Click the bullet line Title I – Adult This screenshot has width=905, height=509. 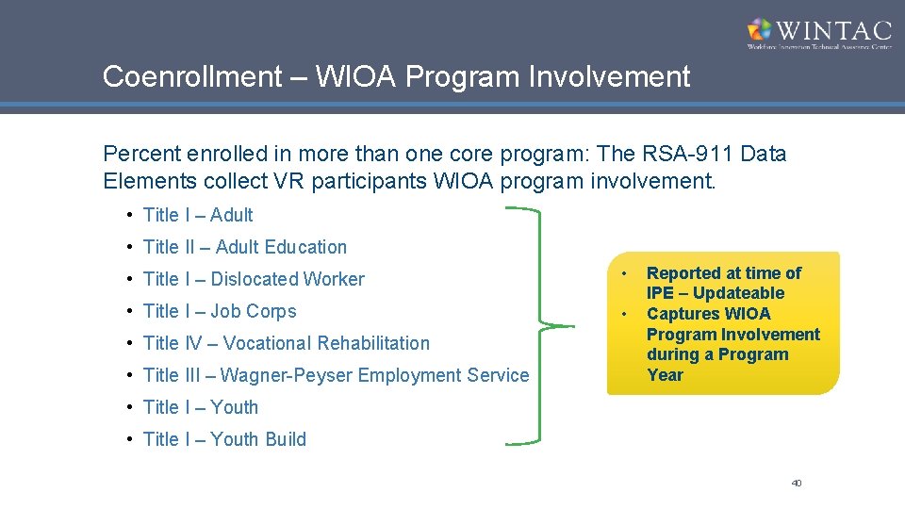[198, 215]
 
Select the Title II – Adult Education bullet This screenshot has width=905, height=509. [244, 247]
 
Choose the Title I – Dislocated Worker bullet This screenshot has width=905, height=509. [253, 279]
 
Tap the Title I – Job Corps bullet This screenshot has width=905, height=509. [219, 311]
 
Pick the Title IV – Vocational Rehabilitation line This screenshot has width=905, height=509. [286, 343]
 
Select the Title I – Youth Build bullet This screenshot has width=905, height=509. [224, 439]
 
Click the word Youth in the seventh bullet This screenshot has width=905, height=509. [234, 407]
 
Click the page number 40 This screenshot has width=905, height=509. [796, 484]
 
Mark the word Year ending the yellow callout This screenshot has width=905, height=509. [665, 375]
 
